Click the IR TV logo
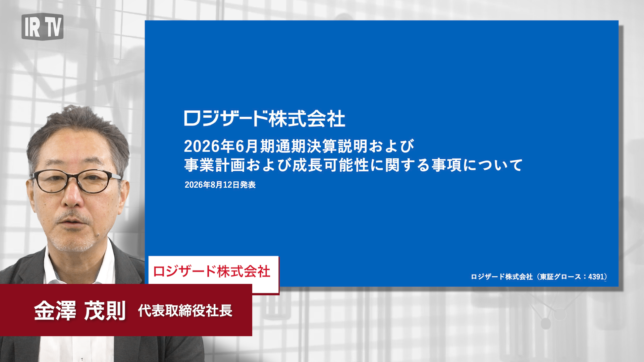42,26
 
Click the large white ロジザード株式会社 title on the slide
265,119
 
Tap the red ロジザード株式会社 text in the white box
212,271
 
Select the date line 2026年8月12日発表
220,185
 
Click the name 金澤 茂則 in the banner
80,310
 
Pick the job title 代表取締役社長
185,311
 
